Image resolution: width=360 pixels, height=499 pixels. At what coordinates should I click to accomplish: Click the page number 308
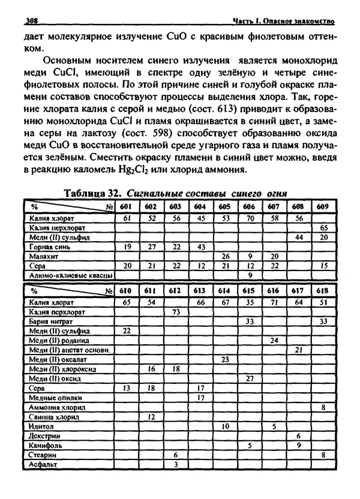pos(31,22)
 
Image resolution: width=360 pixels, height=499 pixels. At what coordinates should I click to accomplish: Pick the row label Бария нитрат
pos(53,321)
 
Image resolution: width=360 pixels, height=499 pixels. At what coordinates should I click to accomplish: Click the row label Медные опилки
pos(57,397)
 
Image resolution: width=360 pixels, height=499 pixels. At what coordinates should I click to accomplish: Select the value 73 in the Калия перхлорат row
pos(176,312)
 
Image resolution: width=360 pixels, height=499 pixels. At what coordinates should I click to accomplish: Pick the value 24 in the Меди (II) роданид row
pos(274,340)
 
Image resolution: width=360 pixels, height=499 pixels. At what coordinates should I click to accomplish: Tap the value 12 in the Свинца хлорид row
pos(151,416)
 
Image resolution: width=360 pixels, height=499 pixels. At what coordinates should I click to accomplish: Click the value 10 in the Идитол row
pos(224,426)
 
